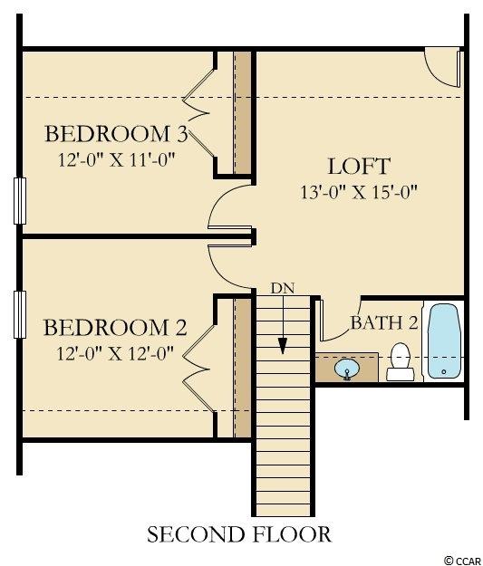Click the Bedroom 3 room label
point(116,133)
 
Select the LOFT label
point(359,166)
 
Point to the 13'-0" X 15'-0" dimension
point(359,192)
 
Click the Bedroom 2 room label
point(115,328)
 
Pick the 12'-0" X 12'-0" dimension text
point(115,353)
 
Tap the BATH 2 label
point(384,322)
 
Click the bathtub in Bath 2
point(444,341)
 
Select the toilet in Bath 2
point(401,361)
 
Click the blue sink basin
point(347,369)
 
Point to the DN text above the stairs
point(283,288)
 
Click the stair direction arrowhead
point(283,346)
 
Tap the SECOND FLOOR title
point(239,534)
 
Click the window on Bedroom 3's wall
point(20,201)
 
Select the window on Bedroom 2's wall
point(20,315)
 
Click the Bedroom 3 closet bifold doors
point(199,113)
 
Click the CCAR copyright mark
point(463,561)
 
